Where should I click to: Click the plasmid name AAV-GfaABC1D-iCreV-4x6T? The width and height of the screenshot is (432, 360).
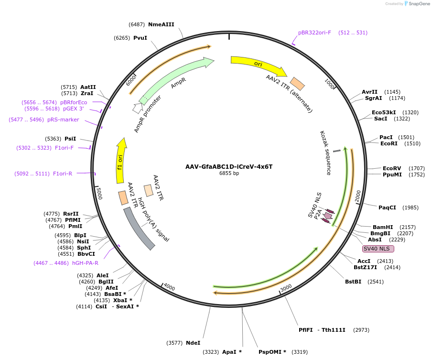[x=229, y=167]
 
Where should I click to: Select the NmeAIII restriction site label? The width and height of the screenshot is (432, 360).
[x=161, y=24]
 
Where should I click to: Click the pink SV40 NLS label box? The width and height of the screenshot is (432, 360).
[x=378, y=249]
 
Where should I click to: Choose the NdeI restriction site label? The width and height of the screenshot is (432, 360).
[x=193, y=343]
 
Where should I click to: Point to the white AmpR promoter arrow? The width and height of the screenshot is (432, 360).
[x=138, y=108]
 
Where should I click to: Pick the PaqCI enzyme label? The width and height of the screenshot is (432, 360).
[x=387, y=207]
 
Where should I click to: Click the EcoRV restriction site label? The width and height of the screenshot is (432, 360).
[x=392, y=168]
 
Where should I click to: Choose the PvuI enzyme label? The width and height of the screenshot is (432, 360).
[x=140, y=38]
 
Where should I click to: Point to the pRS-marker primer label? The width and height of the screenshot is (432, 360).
[x=63, y=120]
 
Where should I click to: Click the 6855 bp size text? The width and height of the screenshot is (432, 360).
[x=229, y=174]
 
